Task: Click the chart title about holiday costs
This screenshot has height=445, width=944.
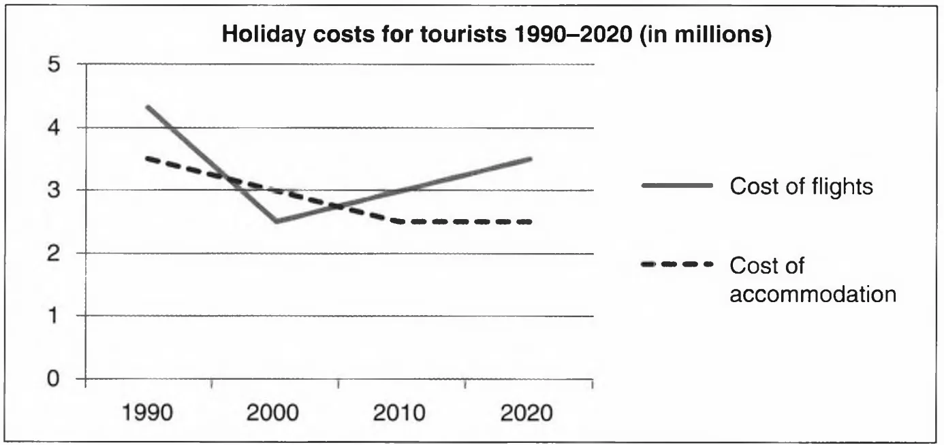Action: [497, 35]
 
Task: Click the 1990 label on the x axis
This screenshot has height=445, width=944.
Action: [149, 413]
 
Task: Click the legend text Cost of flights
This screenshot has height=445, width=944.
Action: [801, 186]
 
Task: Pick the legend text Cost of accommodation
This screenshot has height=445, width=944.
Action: [812, 280]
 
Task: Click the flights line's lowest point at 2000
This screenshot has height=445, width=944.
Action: [277, 221]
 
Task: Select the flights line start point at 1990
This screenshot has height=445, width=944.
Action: [146, 106]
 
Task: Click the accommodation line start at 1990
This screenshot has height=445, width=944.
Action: [147, 159]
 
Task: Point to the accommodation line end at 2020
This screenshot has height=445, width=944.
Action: [530, 221]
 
